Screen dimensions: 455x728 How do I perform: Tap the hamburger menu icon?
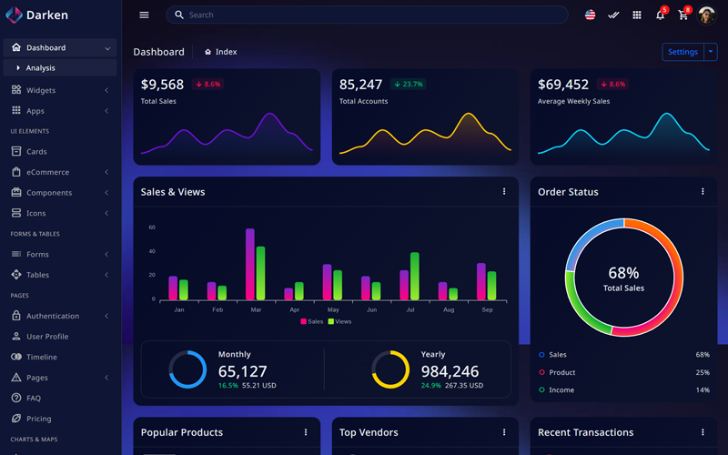pos(144,15)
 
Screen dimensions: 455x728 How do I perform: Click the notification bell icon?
pos(660,15)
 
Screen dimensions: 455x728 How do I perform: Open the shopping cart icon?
pos(683,15)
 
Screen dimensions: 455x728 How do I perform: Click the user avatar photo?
pos(707,15)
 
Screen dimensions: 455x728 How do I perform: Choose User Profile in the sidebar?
pos(47,337)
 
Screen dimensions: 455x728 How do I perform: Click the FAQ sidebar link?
pos(34,399)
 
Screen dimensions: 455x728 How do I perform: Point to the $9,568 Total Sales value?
pos(162,85)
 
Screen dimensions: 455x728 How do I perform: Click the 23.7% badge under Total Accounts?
pos(409,85)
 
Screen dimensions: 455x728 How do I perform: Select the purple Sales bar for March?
pos(250,264)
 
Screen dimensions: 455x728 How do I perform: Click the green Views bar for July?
pos(415,277)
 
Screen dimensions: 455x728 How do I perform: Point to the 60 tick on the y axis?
pos(152,227)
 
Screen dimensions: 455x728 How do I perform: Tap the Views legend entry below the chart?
pos(339,321)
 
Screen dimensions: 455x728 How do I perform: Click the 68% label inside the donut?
pos(623,273)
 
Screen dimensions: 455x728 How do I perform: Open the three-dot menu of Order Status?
pos(703,192)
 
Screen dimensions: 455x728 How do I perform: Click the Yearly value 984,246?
pos(450,371)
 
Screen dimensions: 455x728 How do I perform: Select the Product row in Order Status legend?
pos(561,372)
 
